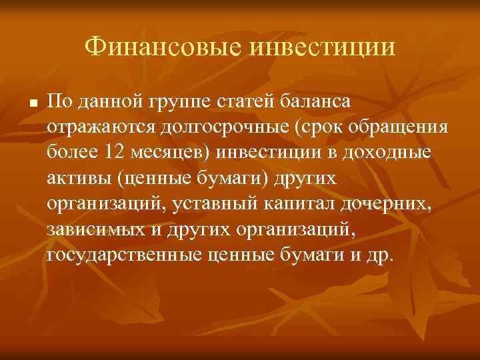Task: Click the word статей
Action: click(245, 101)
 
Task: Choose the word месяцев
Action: click(173, 152)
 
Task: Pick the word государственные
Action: click(123, 254)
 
